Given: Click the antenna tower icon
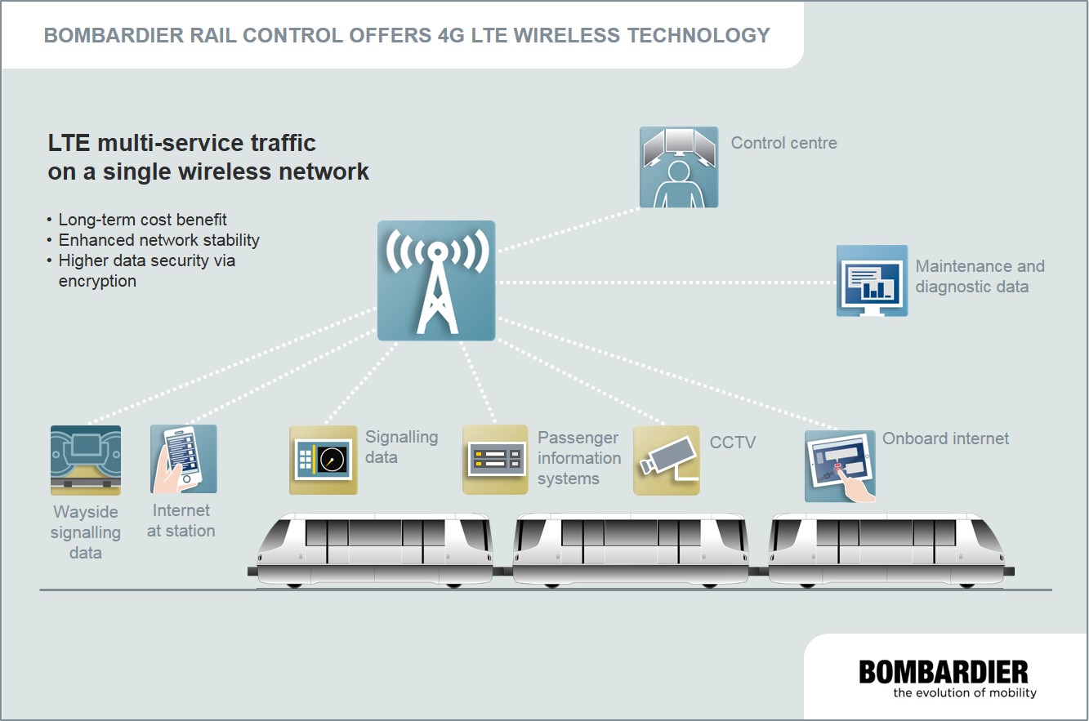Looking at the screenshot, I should pos(436,280).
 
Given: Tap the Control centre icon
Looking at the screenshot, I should pos(678,167).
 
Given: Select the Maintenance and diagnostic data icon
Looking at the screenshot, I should pos(872,281).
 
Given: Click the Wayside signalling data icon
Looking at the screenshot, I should pos(86,460).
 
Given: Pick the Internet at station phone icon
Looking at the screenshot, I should pos(184,459).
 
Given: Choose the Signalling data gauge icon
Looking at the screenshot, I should pos(324,460).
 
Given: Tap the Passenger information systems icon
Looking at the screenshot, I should pos(495,460).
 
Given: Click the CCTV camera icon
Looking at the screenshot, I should pos(667,460).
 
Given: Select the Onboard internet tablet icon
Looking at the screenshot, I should pos(840,466).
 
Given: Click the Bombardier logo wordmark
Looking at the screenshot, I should pos(944,673).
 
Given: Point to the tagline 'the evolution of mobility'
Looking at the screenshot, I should pos(964,693).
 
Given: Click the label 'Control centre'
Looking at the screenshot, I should pos(783,144).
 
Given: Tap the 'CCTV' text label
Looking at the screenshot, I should pos(733,443).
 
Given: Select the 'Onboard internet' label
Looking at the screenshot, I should pos(945,438).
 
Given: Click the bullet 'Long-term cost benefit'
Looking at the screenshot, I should pos(142,220).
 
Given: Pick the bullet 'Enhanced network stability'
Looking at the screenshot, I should pos(158,240).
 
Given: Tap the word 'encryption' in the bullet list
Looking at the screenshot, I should pos(97,281).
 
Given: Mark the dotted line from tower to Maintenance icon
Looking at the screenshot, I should pos(666,283).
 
